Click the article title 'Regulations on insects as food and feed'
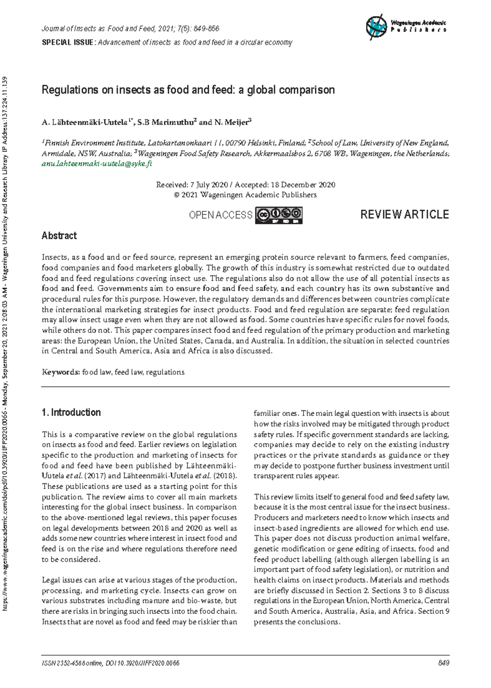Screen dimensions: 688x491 click(188, 90)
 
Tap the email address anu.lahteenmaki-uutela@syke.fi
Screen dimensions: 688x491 click(97, 164)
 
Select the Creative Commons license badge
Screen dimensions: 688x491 click(279, 215)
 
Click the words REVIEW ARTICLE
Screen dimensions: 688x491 click(404, 215)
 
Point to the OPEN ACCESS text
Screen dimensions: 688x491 click(220, 215)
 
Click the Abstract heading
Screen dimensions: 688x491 click(59, 236)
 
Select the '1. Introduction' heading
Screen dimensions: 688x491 click(71, 412)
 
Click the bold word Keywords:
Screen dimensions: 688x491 click(61, 372)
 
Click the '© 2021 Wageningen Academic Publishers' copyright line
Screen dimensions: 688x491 click(245, 195)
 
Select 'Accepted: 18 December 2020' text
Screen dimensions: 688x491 click(285, 185)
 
